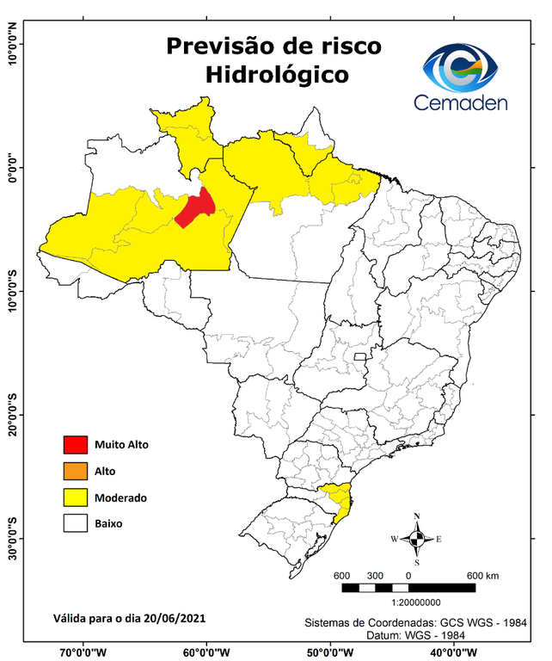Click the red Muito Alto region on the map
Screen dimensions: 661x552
point(196,208)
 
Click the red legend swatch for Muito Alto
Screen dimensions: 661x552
point(76,445)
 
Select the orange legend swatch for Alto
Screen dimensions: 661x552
point(76,471)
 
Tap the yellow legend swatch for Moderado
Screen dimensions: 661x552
point(76,497)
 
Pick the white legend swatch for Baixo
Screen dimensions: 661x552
point(76,523)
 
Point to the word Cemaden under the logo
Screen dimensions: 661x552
point(461,103)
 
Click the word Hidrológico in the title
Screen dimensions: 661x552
point(277,75)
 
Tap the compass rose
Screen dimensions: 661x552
point(416,540)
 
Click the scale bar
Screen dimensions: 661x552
point(408,587)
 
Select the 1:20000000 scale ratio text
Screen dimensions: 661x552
point(417,602)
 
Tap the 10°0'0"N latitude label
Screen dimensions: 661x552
point(13,43)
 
